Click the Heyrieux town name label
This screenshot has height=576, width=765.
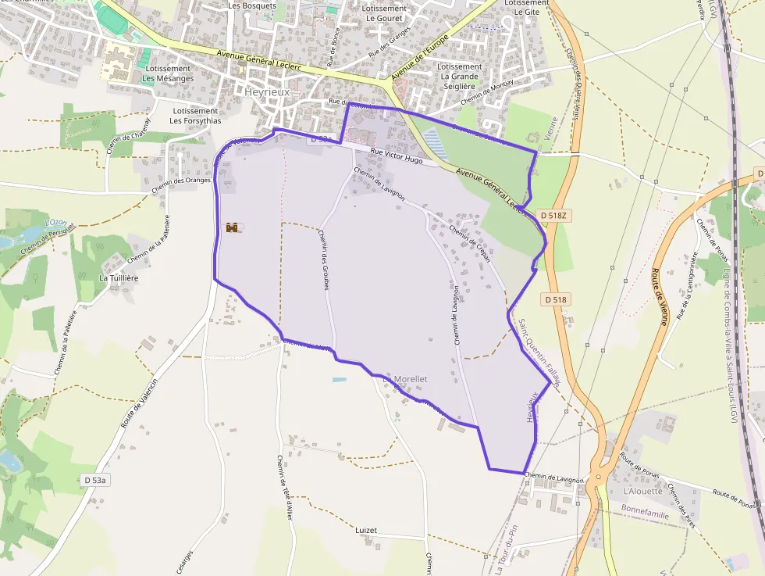click(267, 91)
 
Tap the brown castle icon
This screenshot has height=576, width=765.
click(232, 227)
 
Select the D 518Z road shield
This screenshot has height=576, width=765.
click(555, 213)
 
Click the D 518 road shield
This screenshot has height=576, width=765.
click(555, 299)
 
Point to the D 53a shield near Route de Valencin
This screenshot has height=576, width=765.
click(94, 479)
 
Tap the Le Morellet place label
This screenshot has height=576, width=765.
click(405, 379)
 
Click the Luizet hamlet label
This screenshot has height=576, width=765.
click(365, 530)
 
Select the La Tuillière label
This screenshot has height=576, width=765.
click(119, 277)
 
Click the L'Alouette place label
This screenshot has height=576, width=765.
click(643, 491)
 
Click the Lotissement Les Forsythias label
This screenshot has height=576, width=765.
click(195, 116)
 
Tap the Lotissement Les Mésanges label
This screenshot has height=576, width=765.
click(168, 73)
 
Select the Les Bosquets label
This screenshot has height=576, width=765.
click(252, 5)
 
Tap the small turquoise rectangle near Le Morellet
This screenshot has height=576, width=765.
click(339, 380)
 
